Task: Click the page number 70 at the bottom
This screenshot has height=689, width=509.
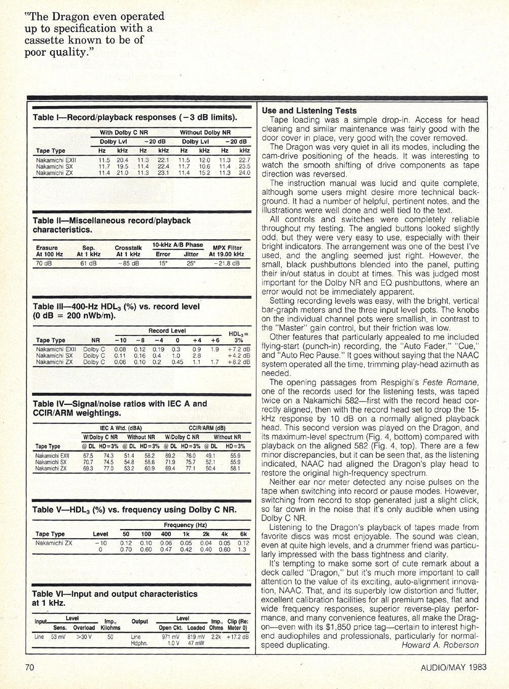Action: tap(29, 667)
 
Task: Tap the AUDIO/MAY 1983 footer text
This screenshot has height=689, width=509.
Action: tap(454, 667)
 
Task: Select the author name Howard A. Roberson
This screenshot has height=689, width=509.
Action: tap(440, 645)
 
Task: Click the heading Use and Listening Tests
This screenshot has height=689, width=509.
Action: tap(309, 111)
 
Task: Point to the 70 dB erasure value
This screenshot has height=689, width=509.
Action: tap(44, 263)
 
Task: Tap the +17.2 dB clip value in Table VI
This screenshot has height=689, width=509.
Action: tap(237, 637)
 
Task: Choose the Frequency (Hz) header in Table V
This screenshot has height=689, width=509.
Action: tap(185, 525)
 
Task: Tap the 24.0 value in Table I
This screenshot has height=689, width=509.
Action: tap(244, 173)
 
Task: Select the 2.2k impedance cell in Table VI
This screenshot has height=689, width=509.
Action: tap(216, 637)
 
